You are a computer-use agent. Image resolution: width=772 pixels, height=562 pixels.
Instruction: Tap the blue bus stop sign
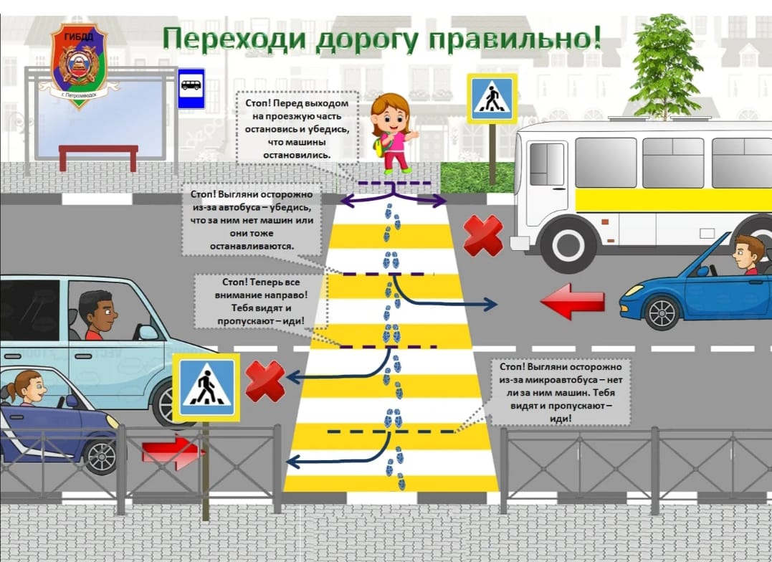tap(191, 88)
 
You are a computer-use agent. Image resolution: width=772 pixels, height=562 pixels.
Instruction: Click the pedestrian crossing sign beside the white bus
tap(492, 98)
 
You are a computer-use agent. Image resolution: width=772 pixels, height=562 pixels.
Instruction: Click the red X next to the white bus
tap(483, 235)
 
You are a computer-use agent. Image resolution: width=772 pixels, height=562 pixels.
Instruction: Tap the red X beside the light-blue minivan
tap(265, 381)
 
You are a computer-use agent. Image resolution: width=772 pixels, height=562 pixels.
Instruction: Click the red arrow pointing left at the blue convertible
tap(573, 301)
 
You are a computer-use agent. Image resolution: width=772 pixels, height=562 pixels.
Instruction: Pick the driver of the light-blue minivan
tap(98, 315)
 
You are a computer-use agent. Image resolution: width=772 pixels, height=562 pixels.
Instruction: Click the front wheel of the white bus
tap(568, 244)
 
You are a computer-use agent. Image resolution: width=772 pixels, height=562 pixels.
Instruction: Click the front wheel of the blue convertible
tap(661, 313)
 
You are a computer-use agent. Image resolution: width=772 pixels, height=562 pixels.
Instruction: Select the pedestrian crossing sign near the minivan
tap(206, 388)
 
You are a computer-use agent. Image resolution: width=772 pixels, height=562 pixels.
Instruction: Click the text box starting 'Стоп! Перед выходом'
tap(297, 128)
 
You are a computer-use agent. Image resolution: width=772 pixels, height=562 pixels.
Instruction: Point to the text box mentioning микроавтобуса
tap(561, 392)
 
